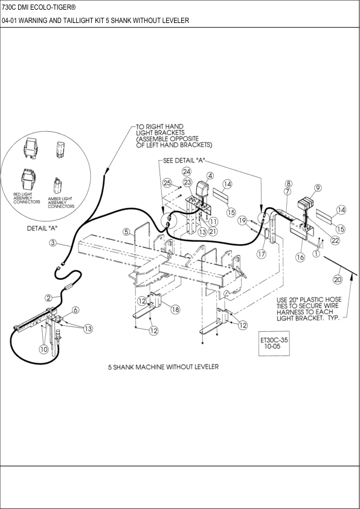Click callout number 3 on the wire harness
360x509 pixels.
53,243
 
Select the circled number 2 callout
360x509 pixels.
48,297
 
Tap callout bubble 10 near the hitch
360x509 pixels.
43,349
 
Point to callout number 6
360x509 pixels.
76,310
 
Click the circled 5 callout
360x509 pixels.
126,231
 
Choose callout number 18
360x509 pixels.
175,310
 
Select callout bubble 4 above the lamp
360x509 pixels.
210,176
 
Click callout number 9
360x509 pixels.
318,187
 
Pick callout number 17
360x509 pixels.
261,254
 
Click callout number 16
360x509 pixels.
300,257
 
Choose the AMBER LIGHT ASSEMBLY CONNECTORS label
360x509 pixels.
62,202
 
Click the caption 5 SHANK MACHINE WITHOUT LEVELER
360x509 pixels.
163,367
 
